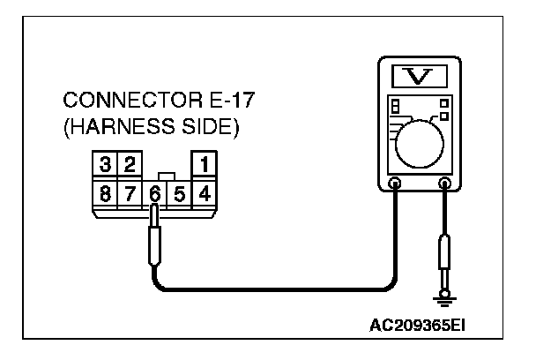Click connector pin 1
(205, 164)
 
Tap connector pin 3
(106, 164)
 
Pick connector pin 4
(205, 191)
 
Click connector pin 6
(155, 191)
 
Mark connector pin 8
(106, 191)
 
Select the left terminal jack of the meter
(396, 184)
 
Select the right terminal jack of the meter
(444, 184)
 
